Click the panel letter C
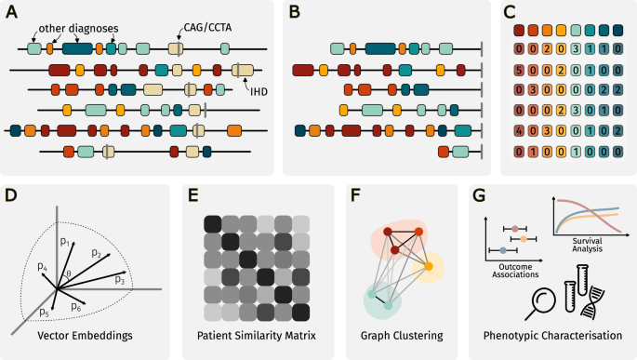(x=508, y=13)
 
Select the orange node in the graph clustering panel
(x=430, y=267)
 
